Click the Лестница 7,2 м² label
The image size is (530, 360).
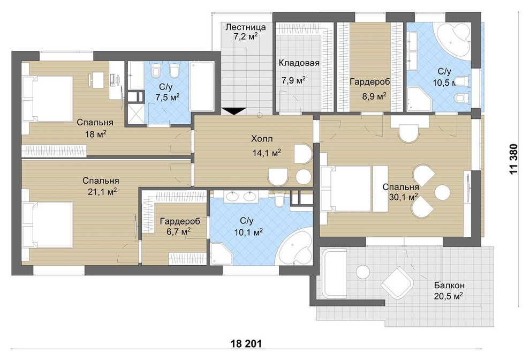point(245,32)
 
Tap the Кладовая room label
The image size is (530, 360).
point(299,63)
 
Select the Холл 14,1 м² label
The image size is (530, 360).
point(267,146)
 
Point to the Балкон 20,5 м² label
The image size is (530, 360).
point(449,291)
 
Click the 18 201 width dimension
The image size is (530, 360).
point(246,344)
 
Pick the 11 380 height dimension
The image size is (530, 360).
point(513,159)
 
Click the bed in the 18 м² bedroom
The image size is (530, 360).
point(48,98)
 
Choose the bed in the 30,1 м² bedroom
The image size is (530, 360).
point(347,189)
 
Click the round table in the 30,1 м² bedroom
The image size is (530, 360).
point(442,193)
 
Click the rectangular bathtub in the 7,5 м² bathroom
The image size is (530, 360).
point(202,86)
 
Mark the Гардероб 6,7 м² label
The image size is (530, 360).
point(180,226)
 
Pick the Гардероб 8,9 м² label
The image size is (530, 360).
point(370,89)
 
